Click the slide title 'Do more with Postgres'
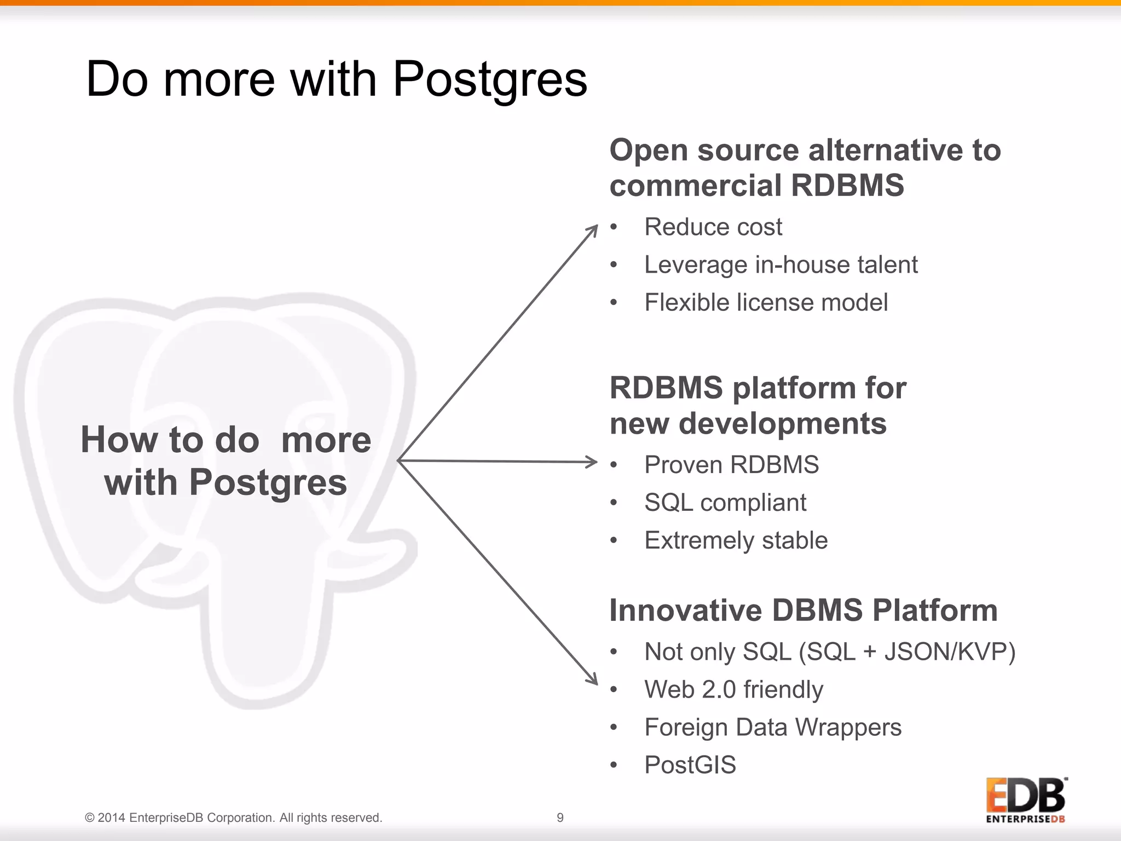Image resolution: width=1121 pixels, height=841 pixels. (336, 79)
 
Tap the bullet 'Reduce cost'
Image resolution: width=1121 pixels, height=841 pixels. (713, 227)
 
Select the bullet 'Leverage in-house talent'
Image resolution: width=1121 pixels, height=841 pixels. (781, 264)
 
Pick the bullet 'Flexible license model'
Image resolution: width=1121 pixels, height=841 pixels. (766, 302)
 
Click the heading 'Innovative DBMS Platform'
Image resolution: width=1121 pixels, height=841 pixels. (803, 610)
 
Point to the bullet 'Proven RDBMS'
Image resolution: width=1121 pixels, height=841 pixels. (731, 465)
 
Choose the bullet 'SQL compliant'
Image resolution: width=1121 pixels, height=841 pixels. (725, 503)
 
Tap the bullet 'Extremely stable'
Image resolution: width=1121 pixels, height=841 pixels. (736, 540)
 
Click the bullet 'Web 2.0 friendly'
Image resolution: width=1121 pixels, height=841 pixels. (733, 689)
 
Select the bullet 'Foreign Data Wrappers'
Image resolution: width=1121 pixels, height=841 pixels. (772, 727)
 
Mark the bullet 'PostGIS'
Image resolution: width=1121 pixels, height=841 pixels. (690, 765)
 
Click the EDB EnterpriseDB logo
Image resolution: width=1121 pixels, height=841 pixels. (1026, 799)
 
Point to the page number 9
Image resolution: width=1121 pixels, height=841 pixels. (560, 817)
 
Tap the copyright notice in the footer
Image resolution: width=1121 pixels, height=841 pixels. (233, 817)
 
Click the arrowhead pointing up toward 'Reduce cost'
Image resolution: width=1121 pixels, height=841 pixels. (593, 230)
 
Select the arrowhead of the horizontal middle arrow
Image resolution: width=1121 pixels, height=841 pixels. (593, 462)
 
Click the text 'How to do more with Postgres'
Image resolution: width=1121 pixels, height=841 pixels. (226, 461)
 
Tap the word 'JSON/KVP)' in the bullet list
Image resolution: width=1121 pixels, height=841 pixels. (950, 652)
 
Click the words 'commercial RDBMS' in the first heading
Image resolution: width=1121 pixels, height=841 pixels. (756, 185)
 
